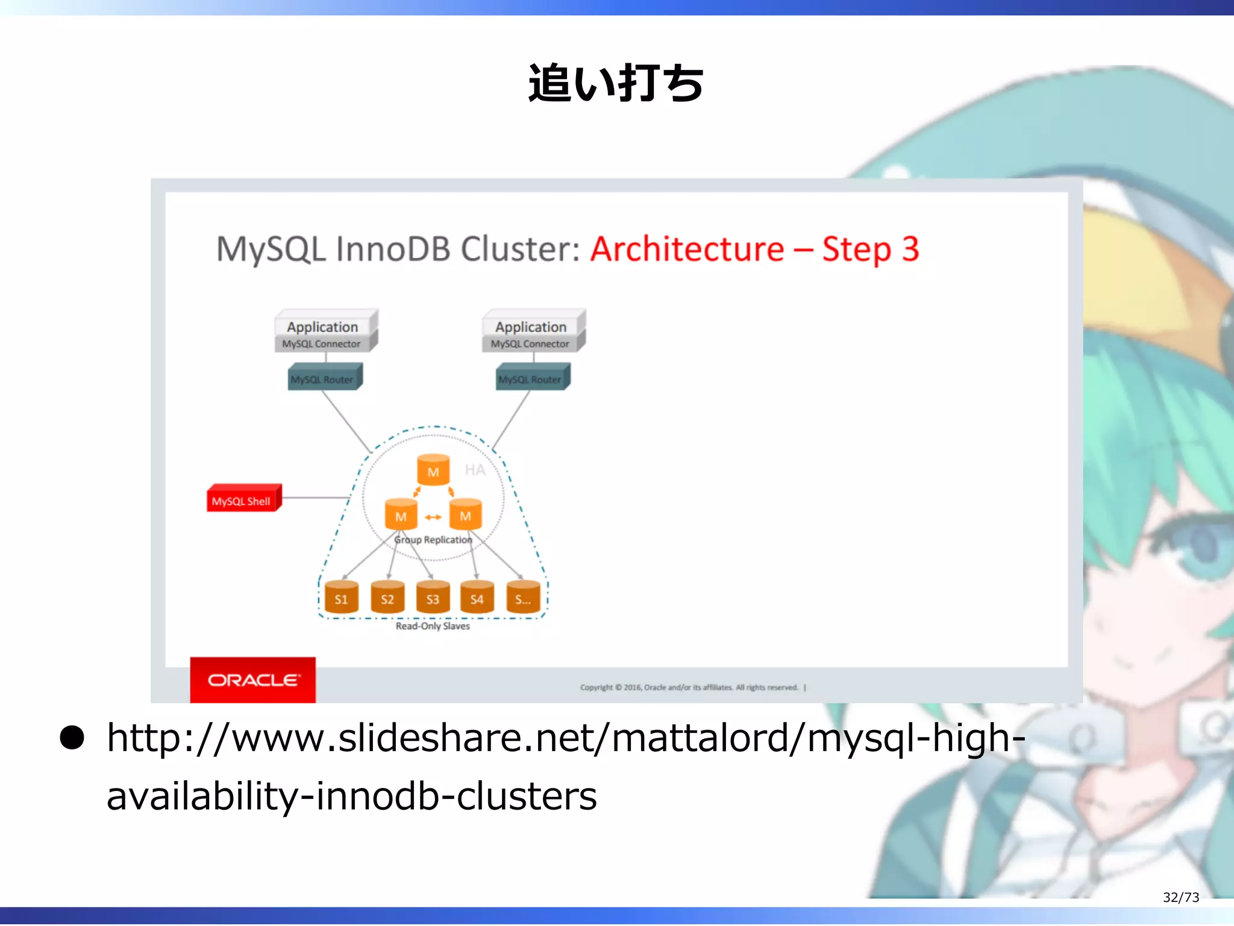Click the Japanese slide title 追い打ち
tap(615, 83)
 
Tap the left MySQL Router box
tap(324, 378)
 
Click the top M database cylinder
tap(433, 470)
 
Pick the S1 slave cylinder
tap(341, 597)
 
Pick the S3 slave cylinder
tap(433, 597)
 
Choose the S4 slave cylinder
tap(477, 597)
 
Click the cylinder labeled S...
tap(523, 597)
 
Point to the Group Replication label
tap(433, 540)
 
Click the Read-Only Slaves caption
tap(433, 626)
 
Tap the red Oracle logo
tap(252, 680)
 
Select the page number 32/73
tap(1180, 897)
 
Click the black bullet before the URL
tap(72, 738)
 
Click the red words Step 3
tap(871, 249)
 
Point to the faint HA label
tap(475, 470)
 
